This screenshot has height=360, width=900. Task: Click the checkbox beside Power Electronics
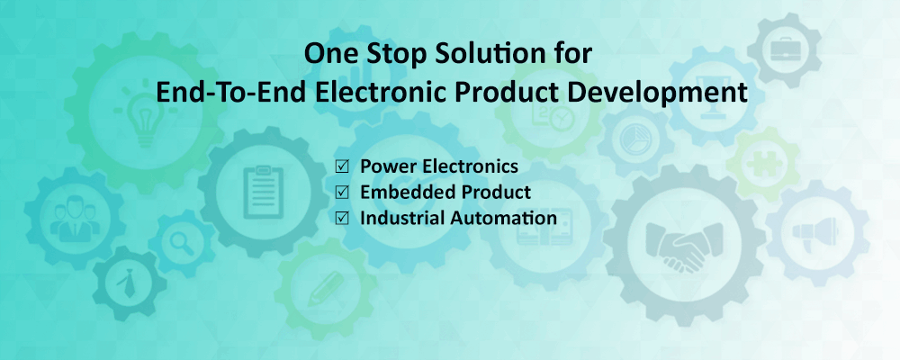click(342, 167)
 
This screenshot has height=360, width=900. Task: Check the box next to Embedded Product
click(342, 193)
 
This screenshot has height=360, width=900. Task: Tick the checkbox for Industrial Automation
click(342, 218)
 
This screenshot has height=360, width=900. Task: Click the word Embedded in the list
click(400, 192)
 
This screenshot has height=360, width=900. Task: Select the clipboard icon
click(264, 192)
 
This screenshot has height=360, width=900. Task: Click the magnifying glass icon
click(182, 243)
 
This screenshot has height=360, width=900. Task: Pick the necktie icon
click(128, 283)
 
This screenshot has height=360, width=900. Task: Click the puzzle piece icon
click(762, 164)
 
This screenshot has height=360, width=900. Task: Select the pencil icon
click(325, 289)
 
